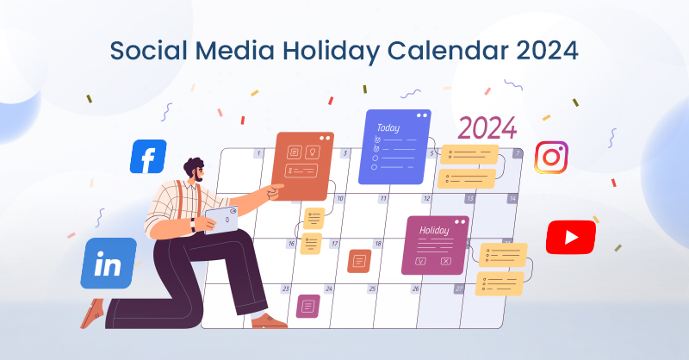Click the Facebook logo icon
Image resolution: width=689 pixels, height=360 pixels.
coord(148,157)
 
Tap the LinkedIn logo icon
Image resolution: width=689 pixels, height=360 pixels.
coord(109,264)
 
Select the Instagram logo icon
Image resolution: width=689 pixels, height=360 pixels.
coord(551,157)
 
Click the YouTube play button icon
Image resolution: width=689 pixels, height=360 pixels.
coord(571,238)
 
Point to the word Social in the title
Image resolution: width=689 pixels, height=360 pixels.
coord(148,50)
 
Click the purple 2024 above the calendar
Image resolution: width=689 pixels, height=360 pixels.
coord(487,128)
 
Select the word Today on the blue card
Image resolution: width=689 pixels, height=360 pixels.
coord(388,127)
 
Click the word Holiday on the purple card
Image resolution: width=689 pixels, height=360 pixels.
coord(434,230)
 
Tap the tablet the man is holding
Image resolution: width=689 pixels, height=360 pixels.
coord(221,220)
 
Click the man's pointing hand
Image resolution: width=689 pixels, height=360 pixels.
coord(276,191)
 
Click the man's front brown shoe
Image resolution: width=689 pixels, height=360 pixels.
coord(270,321)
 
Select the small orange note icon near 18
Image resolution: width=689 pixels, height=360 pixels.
coord(359,261)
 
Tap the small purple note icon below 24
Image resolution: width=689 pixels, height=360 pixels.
coord(308,306)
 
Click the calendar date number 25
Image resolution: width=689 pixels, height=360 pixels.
coord(373,289)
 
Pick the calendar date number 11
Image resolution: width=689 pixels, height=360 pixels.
coord(383,199)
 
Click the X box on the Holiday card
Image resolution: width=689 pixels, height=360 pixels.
coord(445,261)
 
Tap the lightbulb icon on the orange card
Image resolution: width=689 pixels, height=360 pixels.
coord(313,152)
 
